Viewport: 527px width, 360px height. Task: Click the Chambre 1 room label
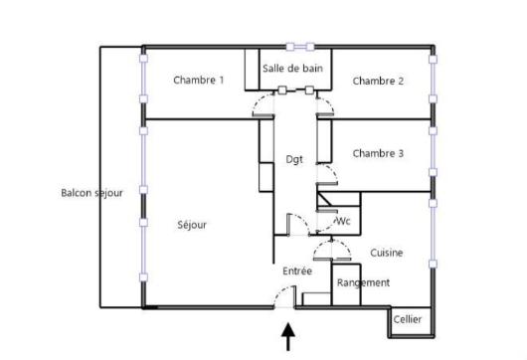point(198,81)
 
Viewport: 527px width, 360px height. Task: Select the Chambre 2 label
point(378,81)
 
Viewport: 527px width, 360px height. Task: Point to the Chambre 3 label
point(378,153)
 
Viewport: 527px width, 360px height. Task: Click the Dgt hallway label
point(294,159)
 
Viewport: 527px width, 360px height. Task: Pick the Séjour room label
point(192,225)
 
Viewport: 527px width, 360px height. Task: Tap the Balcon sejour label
point(91,193)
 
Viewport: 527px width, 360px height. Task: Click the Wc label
point(344,222)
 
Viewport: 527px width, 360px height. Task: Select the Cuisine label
point(387,253)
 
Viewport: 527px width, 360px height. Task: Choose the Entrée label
point(297,270)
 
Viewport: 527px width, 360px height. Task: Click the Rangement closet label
point(363,283)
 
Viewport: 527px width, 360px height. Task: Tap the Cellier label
point(408,319)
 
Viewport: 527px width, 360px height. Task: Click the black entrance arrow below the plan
point(289,338)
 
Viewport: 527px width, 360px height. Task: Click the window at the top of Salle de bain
point(300,46)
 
